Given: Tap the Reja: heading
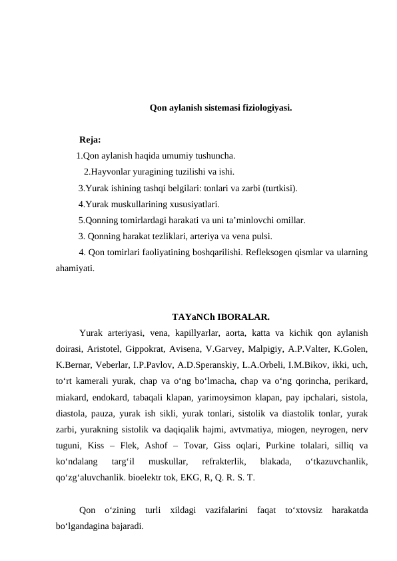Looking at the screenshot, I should [90, 141].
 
